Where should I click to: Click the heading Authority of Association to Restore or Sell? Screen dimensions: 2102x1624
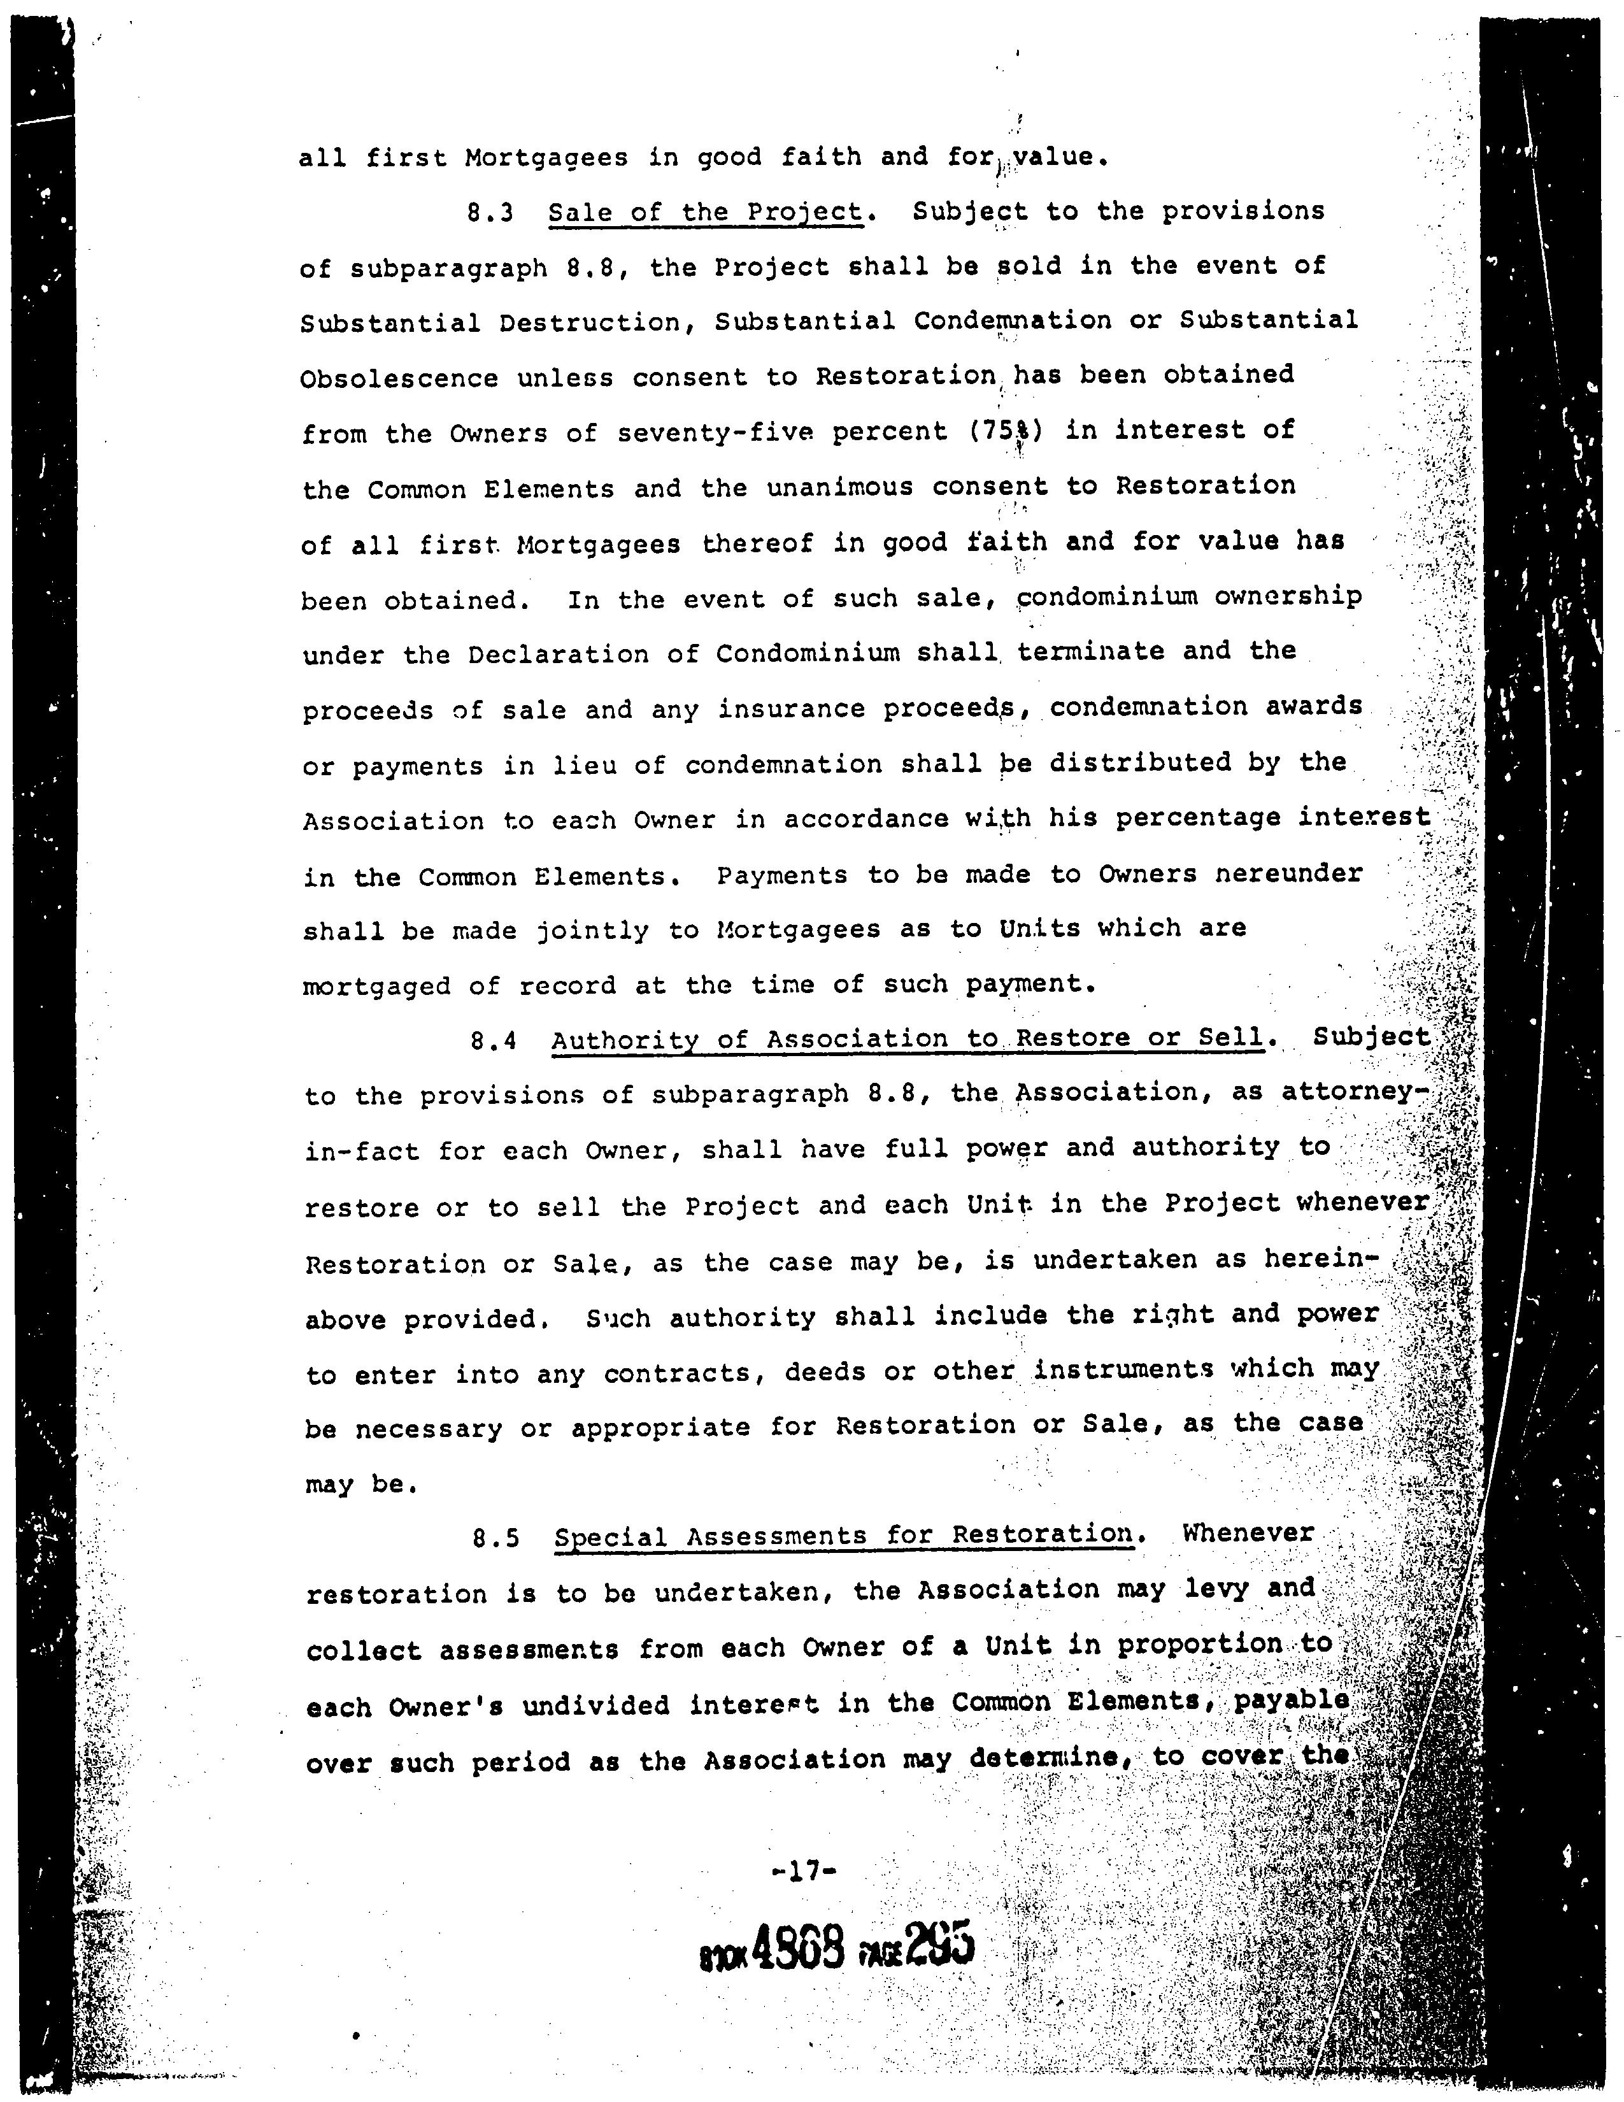click(x=908, y=1040)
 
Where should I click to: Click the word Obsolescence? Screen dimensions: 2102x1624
click(x=399, y=378)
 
